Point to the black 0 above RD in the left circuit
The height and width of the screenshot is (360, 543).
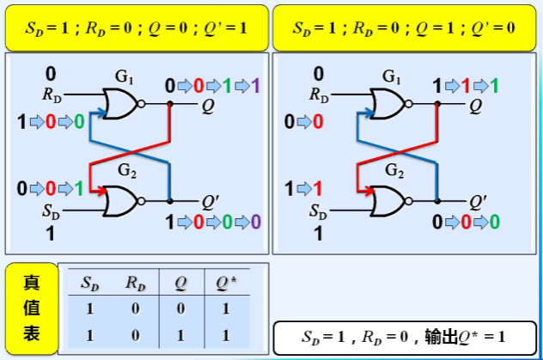pos(50,74)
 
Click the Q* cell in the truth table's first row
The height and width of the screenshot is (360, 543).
pos(227,307)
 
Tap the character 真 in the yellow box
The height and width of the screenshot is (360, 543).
pos(31,283)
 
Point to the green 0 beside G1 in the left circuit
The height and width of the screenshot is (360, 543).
pos(78,121)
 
